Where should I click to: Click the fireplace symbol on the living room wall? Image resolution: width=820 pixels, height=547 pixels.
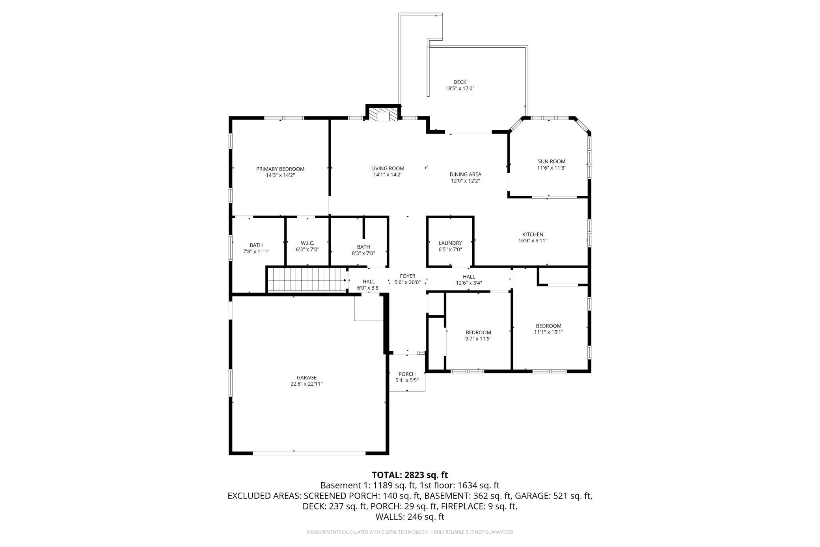(x=383, y=114)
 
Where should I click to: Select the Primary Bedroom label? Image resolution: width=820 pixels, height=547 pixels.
(x=280, y=169)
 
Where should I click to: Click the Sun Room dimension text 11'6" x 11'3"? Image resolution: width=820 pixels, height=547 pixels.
(x=552, y=168)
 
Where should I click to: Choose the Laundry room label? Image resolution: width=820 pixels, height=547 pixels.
(x=450, y=243)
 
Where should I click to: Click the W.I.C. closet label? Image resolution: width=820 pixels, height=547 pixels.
(x=307, y=243)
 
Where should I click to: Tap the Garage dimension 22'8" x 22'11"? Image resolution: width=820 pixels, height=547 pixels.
(x=307, y=384)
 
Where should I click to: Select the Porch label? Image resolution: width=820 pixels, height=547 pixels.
(x=407, y=374)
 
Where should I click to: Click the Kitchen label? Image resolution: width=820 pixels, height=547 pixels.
(x=533, y=234)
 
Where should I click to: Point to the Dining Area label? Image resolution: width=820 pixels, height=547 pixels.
(x=466, y=174)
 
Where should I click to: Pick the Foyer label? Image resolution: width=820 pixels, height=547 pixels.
(x=408, y=276)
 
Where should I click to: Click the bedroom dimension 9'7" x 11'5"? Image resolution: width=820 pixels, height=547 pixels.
(x=479, y=339)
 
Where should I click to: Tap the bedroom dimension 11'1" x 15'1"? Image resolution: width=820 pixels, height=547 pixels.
(x=548, y=332)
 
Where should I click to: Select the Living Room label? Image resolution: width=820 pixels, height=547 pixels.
(x=388, y=169)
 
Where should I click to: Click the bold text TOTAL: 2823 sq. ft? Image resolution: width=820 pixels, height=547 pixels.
(x=410, y=475)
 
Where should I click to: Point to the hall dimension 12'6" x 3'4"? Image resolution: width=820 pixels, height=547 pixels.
(x=469, y=283)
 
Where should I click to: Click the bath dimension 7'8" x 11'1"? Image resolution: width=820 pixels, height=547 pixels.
(x=256, y=251)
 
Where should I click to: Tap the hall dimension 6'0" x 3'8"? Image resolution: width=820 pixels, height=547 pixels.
(x=369, y=288)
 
